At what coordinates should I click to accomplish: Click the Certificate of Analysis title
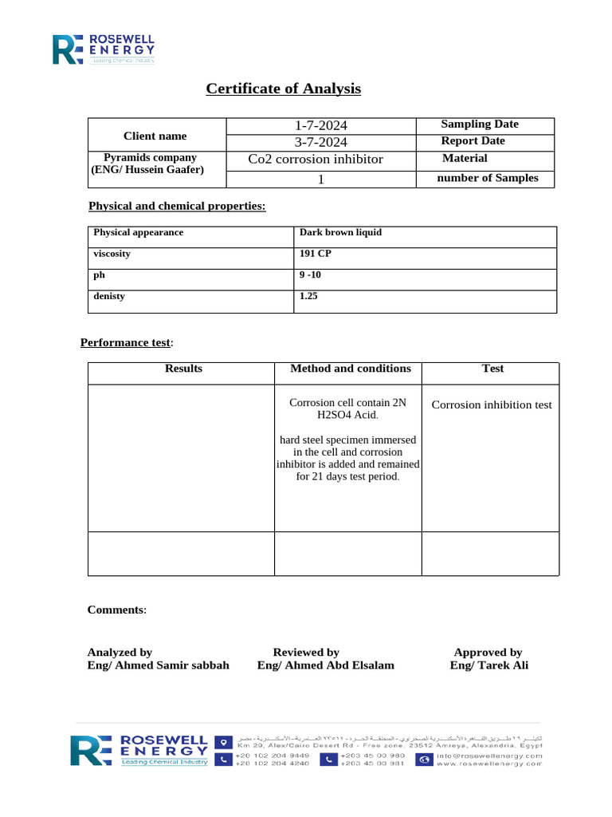283,89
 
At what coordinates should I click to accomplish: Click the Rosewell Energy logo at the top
104,49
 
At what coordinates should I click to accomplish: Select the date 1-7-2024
321,125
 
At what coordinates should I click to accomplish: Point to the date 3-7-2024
321,142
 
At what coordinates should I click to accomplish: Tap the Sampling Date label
480,124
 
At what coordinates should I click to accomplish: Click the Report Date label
473,141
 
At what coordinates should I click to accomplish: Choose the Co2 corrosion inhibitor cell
316,160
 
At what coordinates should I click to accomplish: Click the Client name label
155,136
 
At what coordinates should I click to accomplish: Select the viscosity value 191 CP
315,254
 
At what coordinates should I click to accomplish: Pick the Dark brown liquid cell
340,233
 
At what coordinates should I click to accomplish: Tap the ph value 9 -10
310,275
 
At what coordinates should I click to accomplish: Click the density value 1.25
308,296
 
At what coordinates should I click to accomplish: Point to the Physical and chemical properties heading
177,207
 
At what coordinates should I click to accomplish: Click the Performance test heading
125,343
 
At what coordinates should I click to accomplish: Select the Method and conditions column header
351,369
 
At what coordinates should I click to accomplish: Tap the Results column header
183,369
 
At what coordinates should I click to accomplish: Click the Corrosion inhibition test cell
492,405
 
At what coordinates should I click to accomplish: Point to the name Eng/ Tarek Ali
488,665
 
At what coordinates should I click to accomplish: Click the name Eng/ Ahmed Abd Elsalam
325,665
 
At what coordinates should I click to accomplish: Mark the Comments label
116,610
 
